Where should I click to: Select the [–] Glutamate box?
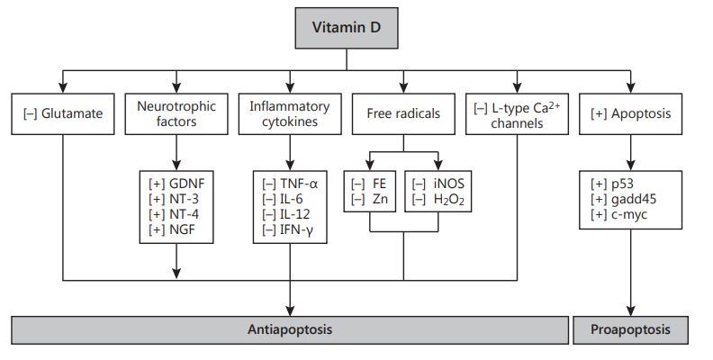click(63, 114)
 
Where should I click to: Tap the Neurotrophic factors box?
click(176, 113)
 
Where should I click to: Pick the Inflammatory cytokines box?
click(289, 113)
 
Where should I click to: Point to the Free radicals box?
click(403, 114)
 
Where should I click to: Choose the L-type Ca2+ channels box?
click(516, 114)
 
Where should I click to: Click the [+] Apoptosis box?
click(629, 114)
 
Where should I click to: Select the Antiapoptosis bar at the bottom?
click(289, 329)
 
